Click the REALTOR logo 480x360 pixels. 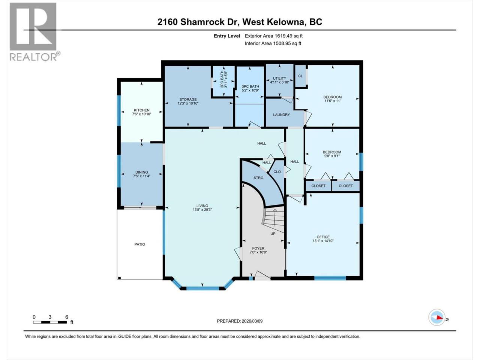click(35, 32)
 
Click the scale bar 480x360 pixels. click(50, 322)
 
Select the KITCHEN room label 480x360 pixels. click(141, 110)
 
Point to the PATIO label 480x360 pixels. click(139, 244)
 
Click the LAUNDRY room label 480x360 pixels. click(282, 115)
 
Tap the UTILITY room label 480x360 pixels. click(279, 78)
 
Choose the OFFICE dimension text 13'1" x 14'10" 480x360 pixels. click(323, 241)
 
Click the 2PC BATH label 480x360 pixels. click(222, 79)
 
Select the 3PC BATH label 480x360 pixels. click(250, 86)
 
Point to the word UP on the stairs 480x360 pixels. click(273, 234)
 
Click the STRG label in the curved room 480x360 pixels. click(258, 178)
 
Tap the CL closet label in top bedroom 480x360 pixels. click(300, 76)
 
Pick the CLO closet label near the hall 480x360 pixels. click(277, 172)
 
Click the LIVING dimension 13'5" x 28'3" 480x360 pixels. click(202, 210)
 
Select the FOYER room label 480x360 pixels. click(258, 248)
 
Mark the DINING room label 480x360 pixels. click(141, 172)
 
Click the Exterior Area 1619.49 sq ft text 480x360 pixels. click(274, 36)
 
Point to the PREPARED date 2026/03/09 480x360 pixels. click(240, 321)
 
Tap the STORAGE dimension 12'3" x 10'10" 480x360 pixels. click(188, 103)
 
